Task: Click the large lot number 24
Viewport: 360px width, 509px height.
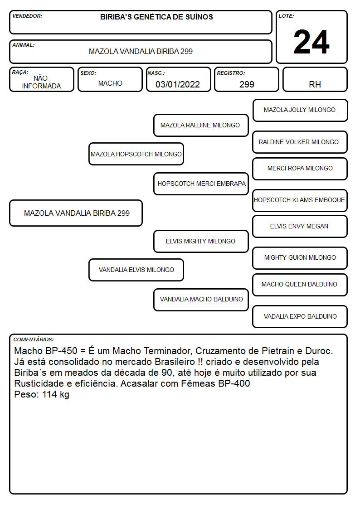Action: [311, 42]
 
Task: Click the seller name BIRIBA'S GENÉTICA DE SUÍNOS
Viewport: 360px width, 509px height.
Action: [156, 17]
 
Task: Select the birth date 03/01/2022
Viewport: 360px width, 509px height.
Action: [178, 84]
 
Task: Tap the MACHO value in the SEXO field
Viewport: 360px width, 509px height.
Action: [110, 83]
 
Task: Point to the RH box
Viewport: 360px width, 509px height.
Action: [315, 79]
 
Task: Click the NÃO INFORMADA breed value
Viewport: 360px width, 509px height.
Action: [41, 82]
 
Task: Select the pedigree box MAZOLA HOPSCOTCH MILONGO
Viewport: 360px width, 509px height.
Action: [136, 154]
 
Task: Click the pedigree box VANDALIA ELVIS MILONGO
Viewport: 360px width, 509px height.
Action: [136, 270]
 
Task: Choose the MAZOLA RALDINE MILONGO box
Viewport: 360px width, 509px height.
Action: [201, 125]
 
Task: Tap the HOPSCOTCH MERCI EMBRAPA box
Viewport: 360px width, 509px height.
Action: [201, 184]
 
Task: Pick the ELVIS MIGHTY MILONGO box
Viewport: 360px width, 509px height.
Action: [201, 241]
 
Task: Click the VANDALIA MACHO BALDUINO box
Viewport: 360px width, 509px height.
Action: [201, 300]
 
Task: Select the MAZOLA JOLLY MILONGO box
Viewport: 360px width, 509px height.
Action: [300, 111]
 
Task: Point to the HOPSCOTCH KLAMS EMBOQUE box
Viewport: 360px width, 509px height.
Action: [300, 200]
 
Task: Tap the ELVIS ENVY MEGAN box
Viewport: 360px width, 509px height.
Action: [300, 226]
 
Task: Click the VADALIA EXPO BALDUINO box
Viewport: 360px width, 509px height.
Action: [300, 316]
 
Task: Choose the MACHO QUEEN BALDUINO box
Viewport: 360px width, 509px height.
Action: [300, 285]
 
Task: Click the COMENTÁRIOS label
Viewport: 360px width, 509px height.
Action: [34, 339]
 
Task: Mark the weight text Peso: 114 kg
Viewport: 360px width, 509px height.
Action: [42, 394]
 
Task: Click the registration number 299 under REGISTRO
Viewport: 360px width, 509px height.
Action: [247, 84]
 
